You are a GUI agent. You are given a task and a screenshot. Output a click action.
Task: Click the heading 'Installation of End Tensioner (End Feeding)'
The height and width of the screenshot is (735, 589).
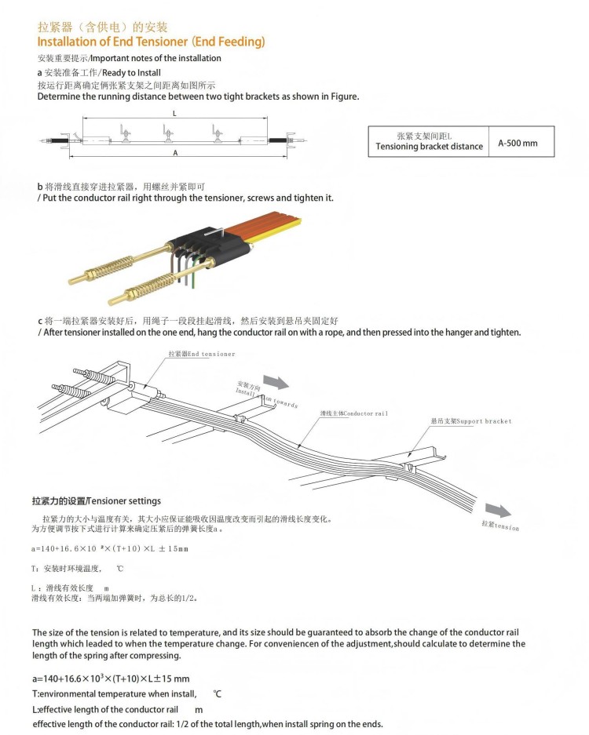151,42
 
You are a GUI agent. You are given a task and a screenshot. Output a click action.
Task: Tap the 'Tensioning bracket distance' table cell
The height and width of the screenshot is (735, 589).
429,142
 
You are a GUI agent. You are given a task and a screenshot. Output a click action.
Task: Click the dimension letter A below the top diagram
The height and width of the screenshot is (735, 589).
174,153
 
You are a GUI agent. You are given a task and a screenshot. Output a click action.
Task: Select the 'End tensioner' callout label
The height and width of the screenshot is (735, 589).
201,354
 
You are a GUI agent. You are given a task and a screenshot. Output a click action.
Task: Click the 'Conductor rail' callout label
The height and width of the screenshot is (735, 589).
353,413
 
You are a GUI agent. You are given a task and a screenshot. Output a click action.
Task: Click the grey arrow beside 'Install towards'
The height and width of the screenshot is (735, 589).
275,381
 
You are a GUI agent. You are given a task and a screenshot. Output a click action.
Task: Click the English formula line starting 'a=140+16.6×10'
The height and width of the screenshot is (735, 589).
110,679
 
